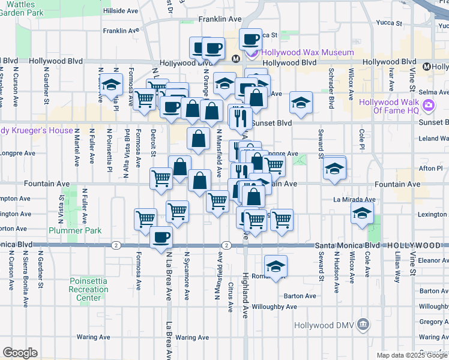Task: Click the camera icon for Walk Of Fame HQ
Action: tap(428, 106)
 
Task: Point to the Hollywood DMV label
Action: tap(325, 325)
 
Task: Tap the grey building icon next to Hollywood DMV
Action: tap(362, 325)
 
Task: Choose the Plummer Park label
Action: tap(93, 230)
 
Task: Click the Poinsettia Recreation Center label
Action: tap(89, 289)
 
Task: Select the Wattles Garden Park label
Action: tap(22, 8)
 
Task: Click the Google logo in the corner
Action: tap(20, 353)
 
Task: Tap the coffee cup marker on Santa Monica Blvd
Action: tap(161, 239)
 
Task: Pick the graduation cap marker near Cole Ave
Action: tap(361, 214)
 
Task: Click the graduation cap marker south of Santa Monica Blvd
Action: tap(276, 266)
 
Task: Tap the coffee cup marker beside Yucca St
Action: tap(251, 40)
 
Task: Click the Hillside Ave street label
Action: tap(122, 11)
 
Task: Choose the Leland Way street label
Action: tap(435, 139)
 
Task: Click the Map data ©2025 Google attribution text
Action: tap(412, 355)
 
